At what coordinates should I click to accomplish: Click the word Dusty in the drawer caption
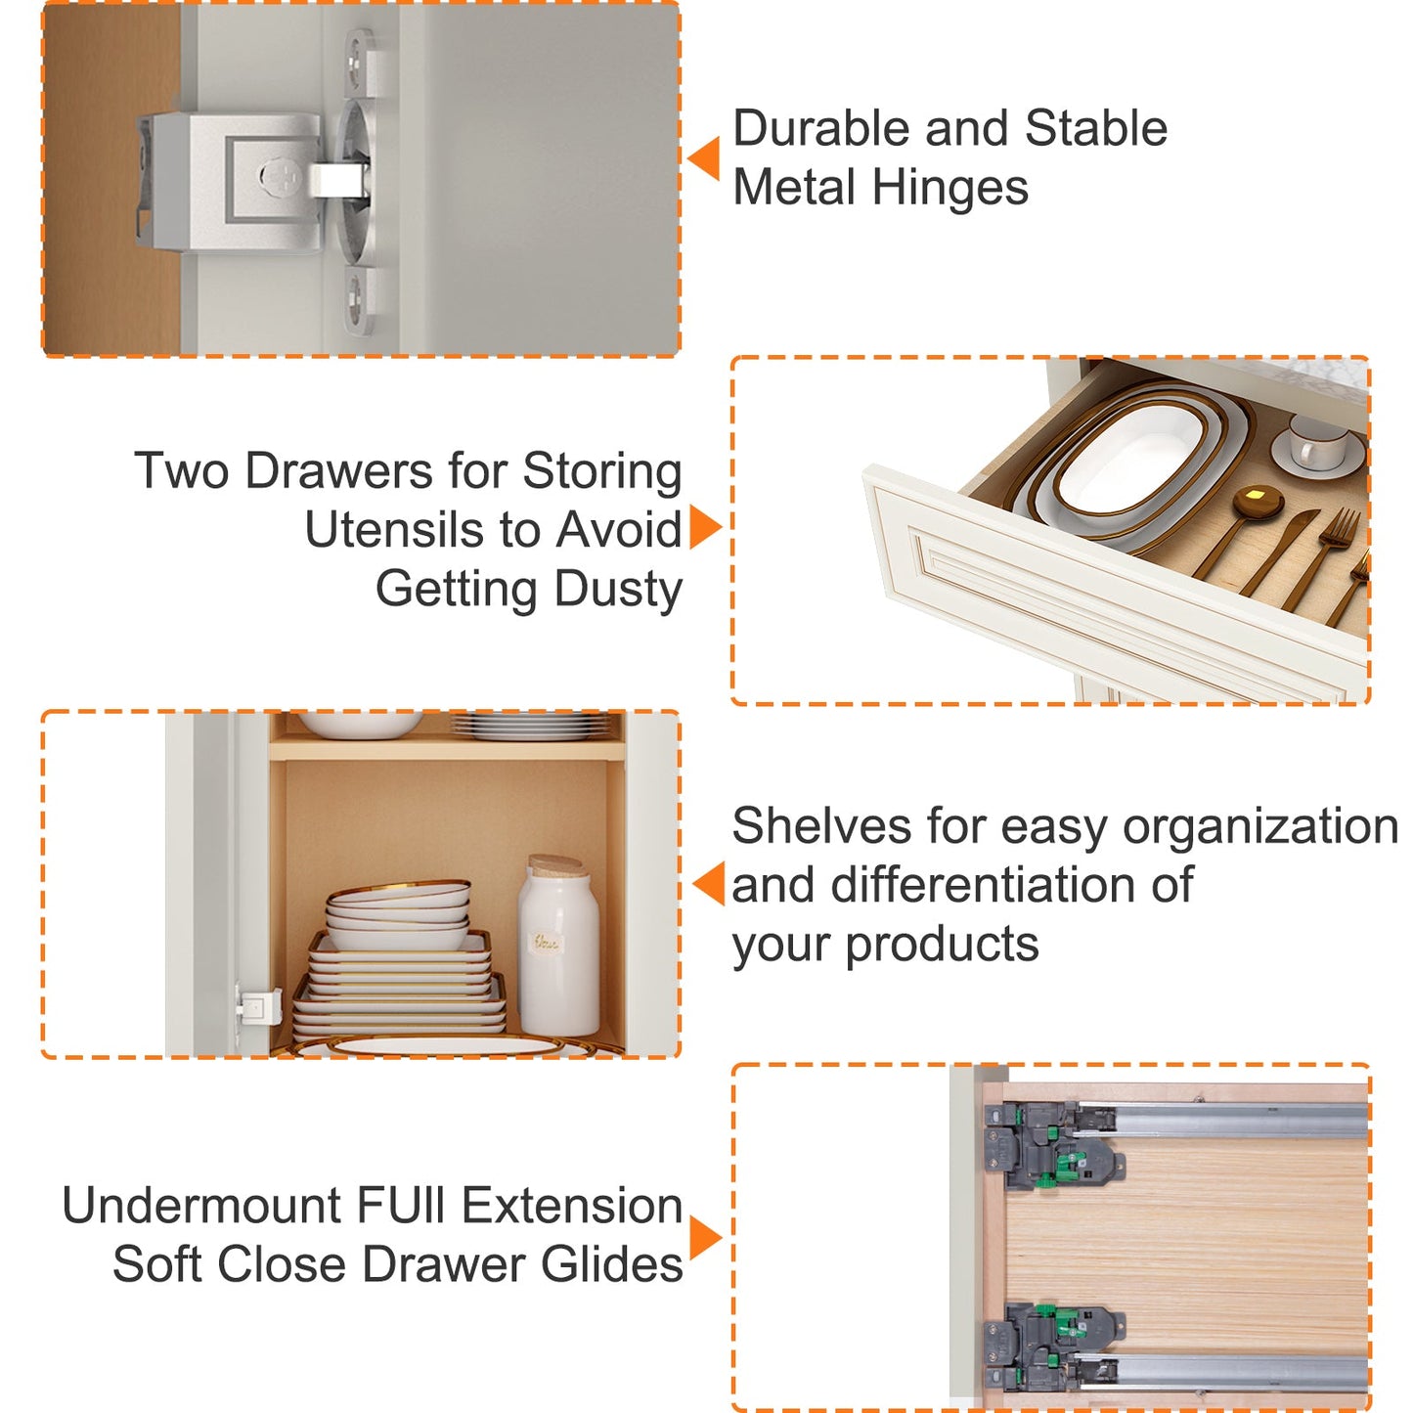[618, 591]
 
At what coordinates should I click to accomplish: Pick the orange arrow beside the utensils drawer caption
[705, 526]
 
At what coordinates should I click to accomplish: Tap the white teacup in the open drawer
[1318, 441]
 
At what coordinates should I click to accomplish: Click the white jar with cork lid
[558, 946]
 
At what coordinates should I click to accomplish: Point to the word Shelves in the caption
[822, 825]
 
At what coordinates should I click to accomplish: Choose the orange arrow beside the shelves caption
[708, 884]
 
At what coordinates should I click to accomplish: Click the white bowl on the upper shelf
[360, 724]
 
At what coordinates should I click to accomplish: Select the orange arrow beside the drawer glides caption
[705, 1239]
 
